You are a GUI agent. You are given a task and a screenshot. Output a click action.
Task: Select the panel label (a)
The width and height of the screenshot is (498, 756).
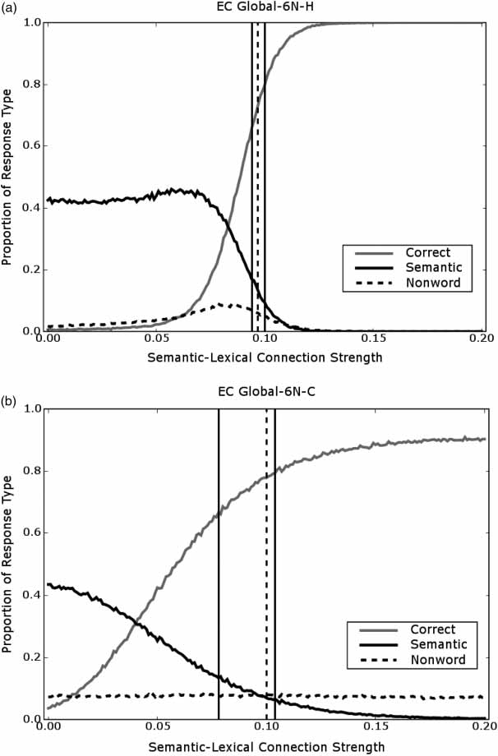[10, 10]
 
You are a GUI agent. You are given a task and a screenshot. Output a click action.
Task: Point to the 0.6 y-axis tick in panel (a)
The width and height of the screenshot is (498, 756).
[30, 146]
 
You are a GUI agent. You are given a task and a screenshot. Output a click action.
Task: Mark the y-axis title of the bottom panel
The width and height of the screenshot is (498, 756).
[8, 564]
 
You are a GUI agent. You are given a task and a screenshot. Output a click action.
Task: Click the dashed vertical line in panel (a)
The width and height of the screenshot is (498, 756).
[258, 164]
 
